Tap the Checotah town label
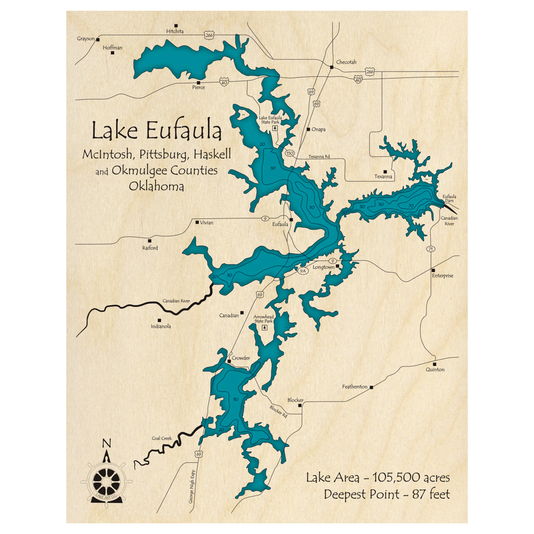tap(346, 62)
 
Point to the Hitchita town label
tap(175, 32)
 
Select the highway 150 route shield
tap(290, 153)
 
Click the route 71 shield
tap(430, 249)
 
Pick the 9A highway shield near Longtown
tap(303, 271)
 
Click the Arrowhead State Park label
tap(264, 319)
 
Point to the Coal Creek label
tap(162, 438)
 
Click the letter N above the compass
tap(106, 443)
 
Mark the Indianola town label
tap(161, 326)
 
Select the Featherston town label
tap(355, 386)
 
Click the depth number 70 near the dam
tap(411, 205)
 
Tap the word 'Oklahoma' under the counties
tap(156, 187)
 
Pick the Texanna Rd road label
tap(319, 156)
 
